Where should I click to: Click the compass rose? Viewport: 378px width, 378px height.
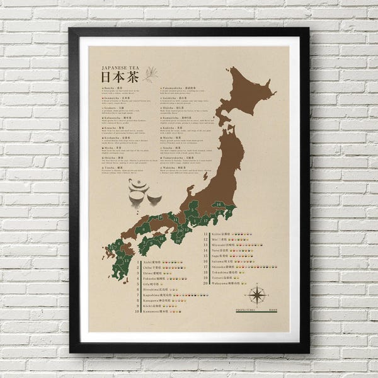coord(257,294)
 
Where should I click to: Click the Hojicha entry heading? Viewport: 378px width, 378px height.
coord(173,108)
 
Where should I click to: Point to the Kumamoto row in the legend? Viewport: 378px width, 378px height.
coord(154,311)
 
